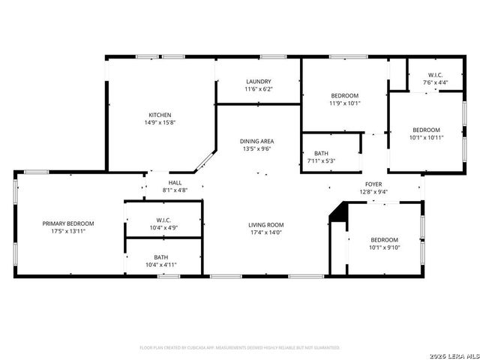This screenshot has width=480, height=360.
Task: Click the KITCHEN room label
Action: pyautogui.click(x=159, y=115)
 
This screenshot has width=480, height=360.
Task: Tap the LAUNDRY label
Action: pyautogui.click(x=258, y=82)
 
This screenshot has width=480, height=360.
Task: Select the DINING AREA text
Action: pyautogui.click(x=256, y=141)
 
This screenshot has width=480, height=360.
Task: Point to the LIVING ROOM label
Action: pyautogui.click(x=266, y=224)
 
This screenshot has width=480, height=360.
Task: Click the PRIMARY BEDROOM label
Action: pyautogui.click(x=68, y=223)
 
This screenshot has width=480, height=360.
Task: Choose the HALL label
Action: pyautogui.click(x=175, y=182)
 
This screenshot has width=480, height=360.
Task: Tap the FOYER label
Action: pyautogui.click(x=373, y=184)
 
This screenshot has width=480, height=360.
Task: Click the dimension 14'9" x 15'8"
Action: pyautogui.click(x=159, y=122)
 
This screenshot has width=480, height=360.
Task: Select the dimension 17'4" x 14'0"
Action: pyautogui.click(x=266, y=232)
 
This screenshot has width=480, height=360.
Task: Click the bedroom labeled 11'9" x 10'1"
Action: pyautogui.click(x=345, y=100)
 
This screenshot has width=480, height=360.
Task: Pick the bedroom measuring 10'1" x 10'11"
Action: pyautogui.click(x=426, y=133)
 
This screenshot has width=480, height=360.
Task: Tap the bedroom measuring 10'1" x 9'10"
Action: pyautogui.click(x=385, y=243)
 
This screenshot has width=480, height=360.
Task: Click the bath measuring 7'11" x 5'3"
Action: pyautogui.click(x=320, y=157)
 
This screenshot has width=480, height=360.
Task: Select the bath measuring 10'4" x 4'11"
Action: pyautogui.click(x=161, y=260)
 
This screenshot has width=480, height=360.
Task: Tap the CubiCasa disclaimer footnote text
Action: pyautogui.click(x=240, y=348)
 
